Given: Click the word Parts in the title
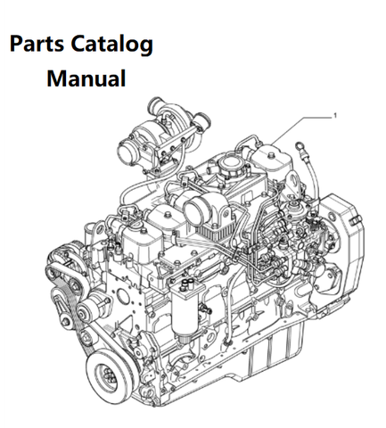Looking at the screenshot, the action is (x=37, y=44).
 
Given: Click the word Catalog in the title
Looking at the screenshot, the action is (x=112, y=45).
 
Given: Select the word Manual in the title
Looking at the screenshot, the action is (x=86, y=78).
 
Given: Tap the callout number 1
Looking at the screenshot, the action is (x=335, y=115).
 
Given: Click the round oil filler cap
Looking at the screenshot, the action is (x=231, y=163).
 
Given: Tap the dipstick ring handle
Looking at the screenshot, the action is (x=299, y=146).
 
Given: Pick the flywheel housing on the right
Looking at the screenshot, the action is (x=341, y=252).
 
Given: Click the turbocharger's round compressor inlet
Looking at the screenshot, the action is (x=128, y=152).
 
